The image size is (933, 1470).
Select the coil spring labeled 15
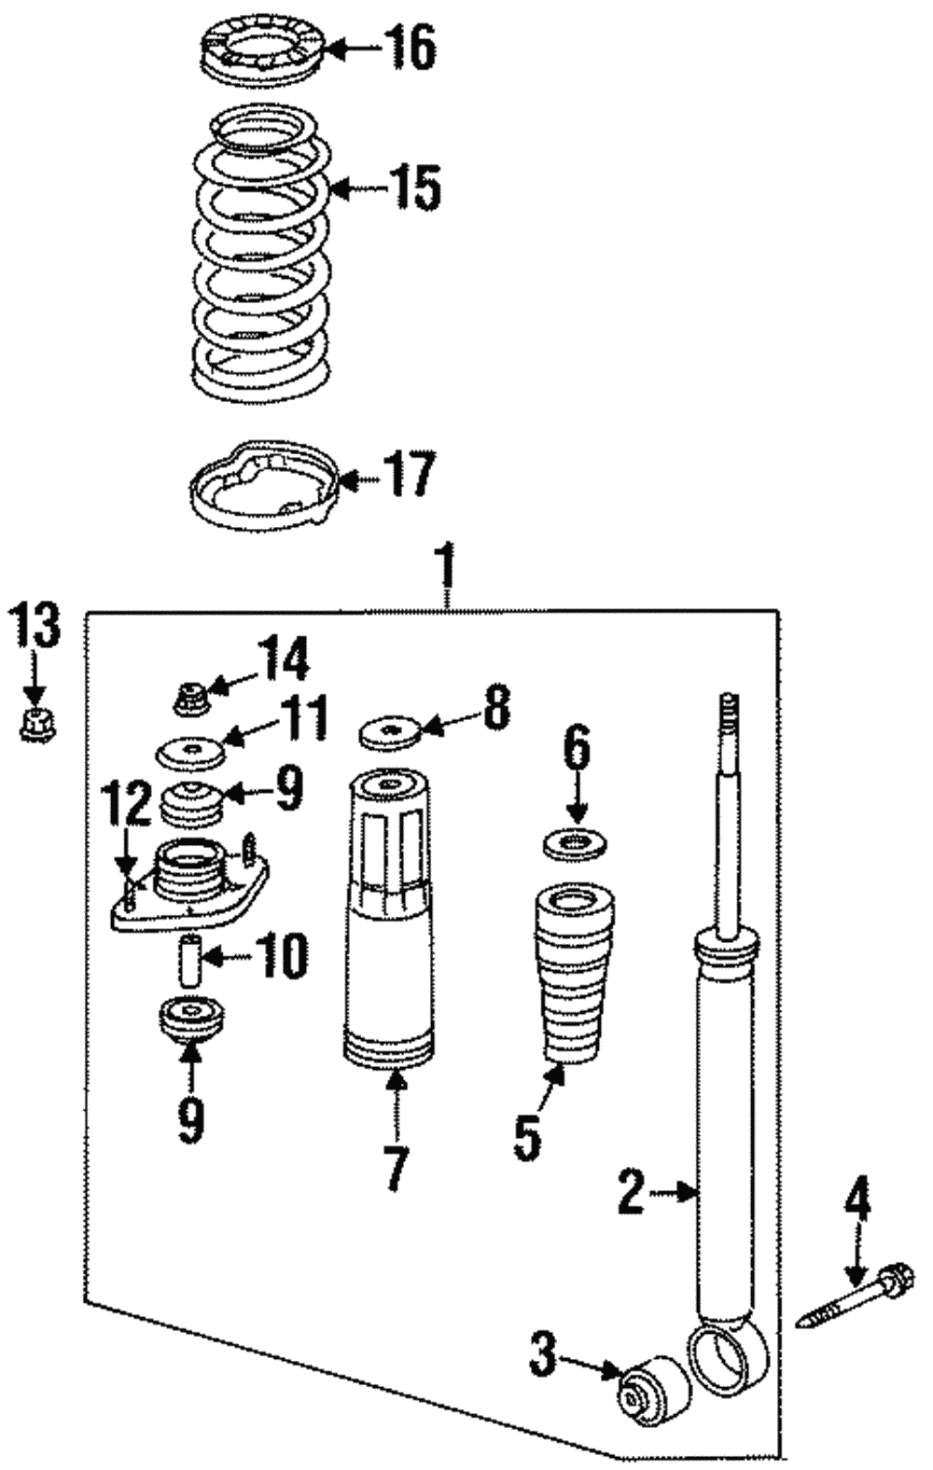point(261,252)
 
